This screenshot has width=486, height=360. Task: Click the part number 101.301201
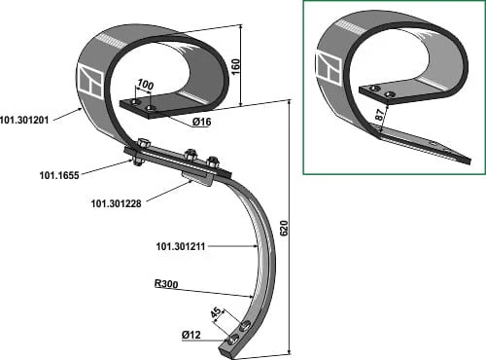(24, 121)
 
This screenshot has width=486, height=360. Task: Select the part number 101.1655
(59, 175)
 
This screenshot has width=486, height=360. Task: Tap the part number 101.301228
(117, 203)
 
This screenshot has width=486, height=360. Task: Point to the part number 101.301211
(181, 246)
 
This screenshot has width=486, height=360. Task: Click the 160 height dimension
(236, 66)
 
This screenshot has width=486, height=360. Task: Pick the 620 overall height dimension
(284, 229)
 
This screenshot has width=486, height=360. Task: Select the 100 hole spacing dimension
(145, 85)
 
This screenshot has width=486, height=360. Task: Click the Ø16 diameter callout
(201, 122)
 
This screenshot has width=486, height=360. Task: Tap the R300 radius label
(166, 284)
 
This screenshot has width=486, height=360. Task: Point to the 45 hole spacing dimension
(217, 313)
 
